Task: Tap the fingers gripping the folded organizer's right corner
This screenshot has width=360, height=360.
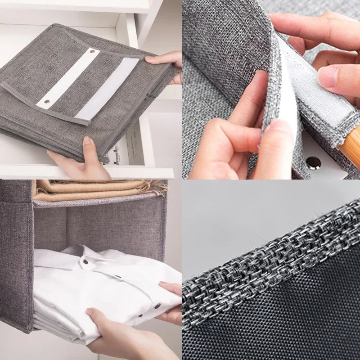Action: tap(166, 61)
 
